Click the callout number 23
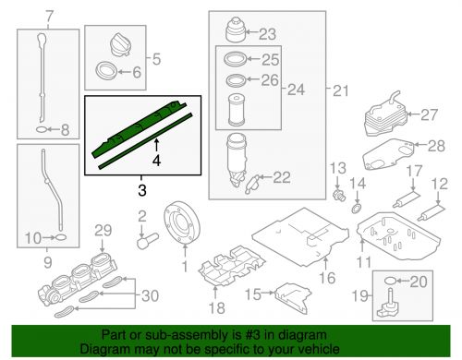click(x=267, y=33)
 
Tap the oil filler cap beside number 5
click(x=120, y=46)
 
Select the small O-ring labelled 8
click(x=42, y=130)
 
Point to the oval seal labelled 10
click(x=61, y=237)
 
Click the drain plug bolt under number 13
click(x=339, y=195)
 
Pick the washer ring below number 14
click(x=357, y=210)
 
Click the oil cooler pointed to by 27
click(x=386, y=114)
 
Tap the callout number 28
click(x=436, y=146)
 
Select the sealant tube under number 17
click(x=407, y=199)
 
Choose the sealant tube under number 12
click(x=432, y=212)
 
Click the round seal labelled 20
click(x=390, y=281)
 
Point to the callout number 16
click(x=327, y=278)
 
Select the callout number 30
click(x=151, y=295)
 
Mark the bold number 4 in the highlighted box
click(x=156, y=161)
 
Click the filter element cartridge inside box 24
click(x=237, y=111)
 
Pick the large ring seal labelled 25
click(x=235, y=58)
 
